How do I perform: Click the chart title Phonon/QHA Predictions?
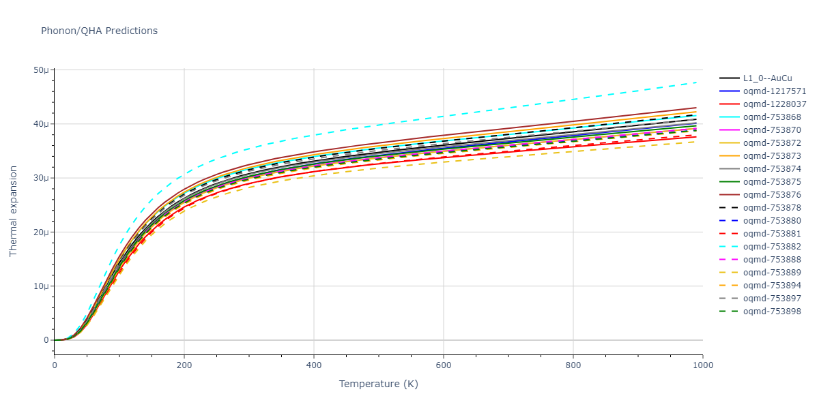coord(99,31)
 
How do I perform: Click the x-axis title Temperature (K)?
coord(378,384)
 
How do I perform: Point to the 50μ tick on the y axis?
coord(41,70)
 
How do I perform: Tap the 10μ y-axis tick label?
coord(41,286)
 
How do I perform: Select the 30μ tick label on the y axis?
coord(41,178)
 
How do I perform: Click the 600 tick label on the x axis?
coord(443,365)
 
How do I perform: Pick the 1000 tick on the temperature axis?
coord(702,365)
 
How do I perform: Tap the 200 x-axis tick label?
coord(184,365)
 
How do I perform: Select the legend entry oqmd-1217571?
coord(775,91)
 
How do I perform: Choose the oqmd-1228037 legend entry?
coord(775,104)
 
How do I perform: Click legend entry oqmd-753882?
coord(775,247)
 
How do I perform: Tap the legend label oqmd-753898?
coord(775,312)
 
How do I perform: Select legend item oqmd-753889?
coord(775,273)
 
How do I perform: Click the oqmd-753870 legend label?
coord(775,130)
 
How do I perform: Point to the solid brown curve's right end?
coord(696,108)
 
